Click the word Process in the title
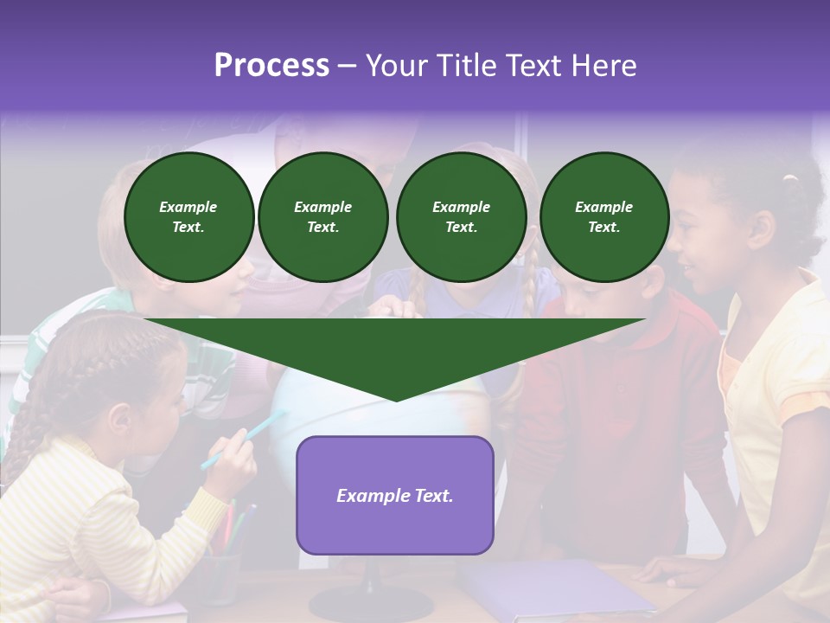[x=271, y=66]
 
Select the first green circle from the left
[x=188, y=217]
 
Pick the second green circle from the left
[x=322, y=217]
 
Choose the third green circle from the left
[x=461, y=217]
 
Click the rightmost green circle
[x=603, y=217]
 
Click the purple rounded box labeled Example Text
[x=395, y=495]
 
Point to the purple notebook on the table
[x=553, y=588]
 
